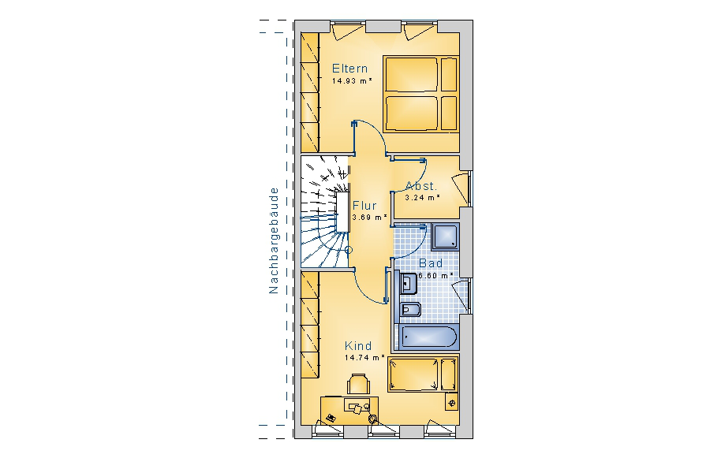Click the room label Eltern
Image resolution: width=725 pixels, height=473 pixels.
(350, 69)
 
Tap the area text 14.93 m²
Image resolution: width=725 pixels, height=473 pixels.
(352, 81)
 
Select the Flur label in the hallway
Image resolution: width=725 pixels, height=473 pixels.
(364, 206)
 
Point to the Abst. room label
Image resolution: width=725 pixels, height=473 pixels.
(420, 186)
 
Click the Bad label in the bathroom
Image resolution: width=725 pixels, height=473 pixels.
(431, 263)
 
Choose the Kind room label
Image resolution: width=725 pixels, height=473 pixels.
(358, 345)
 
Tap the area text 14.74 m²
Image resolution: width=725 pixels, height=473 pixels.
(364, 358)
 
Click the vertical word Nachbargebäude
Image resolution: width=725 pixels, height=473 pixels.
(274, 240)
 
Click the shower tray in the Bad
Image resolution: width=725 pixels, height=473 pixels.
(445, 236)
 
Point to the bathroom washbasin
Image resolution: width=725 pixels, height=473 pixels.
(407, 284)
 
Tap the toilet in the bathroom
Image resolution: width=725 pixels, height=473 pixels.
(409, 310)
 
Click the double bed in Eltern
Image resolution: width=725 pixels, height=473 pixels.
(420, 94)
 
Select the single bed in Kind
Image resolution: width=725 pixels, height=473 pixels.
(423, 374)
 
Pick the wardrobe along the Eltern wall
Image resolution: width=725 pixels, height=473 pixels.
(310, 92)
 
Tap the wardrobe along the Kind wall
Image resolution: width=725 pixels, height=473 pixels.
(310, 325)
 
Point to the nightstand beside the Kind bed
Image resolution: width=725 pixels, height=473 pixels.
(452, 402)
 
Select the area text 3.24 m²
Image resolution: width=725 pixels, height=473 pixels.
(423, 198)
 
